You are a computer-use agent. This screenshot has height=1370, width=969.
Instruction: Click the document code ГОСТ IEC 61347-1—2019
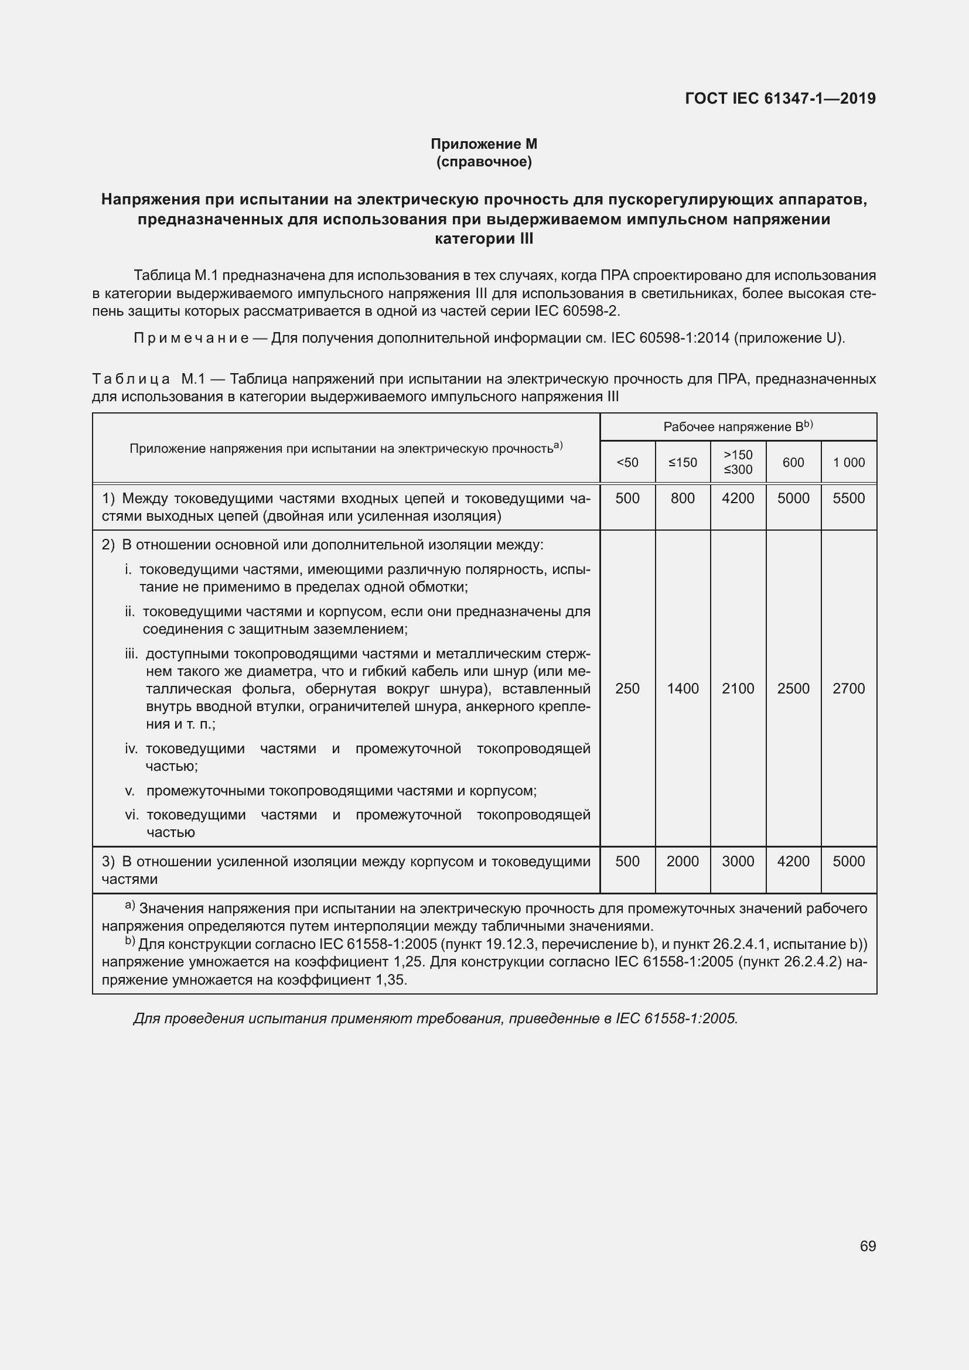click(780, 98)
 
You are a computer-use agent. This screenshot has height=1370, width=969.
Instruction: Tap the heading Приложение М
click(484, 144)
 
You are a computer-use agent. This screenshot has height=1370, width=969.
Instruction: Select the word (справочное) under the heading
click(484, 162)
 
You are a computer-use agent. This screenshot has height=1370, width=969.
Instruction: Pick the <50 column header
click(627, 463)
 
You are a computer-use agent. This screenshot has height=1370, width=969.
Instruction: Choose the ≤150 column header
click(683, 463)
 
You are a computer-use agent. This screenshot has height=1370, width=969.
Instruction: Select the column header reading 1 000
click(848, 463)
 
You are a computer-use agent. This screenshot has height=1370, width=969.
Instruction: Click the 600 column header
click(793, 463)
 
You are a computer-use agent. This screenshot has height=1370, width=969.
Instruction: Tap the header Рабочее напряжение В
click(738, 426)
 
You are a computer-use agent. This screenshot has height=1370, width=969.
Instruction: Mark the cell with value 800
click(683, 498)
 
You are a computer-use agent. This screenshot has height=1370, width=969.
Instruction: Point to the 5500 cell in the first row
click(848, 498)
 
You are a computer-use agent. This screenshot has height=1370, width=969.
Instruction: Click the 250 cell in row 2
click(627, 689)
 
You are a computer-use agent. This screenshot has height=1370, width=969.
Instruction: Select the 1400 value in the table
click(683, 689)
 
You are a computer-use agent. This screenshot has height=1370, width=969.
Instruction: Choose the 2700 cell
click(848, 689)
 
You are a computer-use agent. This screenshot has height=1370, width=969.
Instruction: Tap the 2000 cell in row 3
click(683, 861)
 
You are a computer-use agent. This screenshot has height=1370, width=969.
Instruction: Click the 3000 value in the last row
click(738, 861)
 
